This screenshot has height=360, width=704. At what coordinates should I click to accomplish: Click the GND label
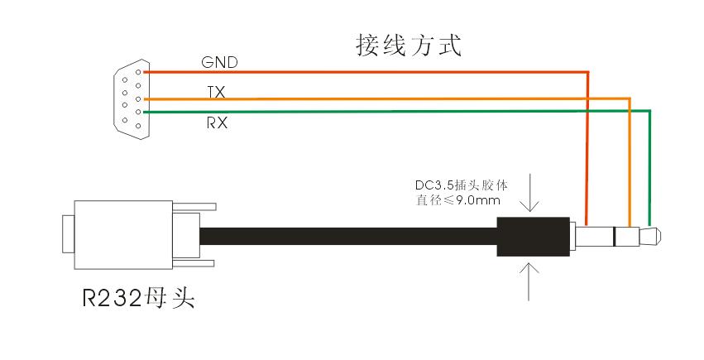(219, 62)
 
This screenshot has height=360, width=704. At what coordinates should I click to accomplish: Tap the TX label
(215, 91)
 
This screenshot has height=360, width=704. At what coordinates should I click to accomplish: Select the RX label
(217, 123)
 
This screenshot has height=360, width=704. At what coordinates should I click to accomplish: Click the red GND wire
(372, 72)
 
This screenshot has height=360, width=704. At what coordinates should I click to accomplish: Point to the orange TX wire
(372, 98)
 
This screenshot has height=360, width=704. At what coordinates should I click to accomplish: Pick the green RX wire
(372, 111)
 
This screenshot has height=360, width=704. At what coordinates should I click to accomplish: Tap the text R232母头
(138, 296)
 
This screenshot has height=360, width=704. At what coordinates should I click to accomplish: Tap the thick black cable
(347, 237)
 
